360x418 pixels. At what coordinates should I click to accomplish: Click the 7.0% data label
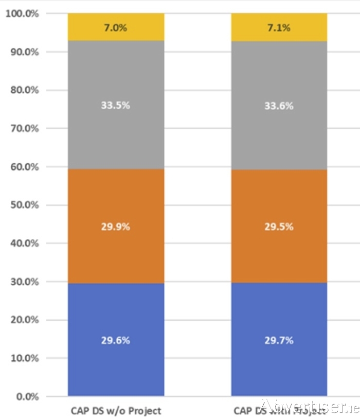click(x=115, y=28)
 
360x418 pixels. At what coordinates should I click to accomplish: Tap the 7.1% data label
click(x=279, y=28)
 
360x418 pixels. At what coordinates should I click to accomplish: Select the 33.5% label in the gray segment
click(x=115, y=106)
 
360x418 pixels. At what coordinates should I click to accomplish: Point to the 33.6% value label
click(x=279, y=106)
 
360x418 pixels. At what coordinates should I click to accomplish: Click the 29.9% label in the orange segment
click(x=115, y=227)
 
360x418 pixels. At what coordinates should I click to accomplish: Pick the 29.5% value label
click(x=279, y=227)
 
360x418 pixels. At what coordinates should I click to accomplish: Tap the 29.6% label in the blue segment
click(x=115, y=340)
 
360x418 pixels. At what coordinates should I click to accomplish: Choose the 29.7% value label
click(x=279, y=340)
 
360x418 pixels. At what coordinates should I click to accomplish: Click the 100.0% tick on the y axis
click(x=22, y=14)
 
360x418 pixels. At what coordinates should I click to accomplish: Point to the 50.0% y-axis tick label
click(x=24, y=205)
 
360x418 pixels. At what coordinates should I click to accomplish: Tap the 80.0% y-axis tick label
click(x=24, y=90)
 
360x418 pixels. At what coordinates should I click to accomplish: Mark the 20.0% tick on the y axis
click(x=24, y=320)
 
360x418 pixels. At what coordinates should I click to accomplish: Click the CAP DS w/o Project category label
click(x=116, y=410)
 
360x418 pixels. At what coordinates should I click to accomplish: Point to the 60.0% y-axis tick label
click(x=24, y=167)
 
